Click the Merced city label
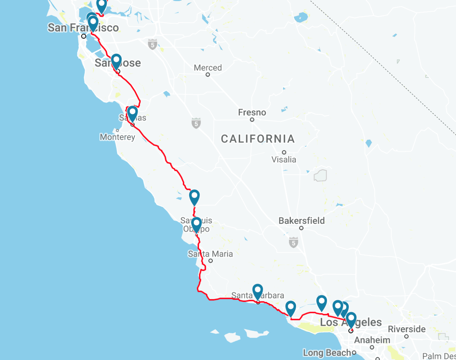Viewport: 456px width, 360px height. click(x=208, y=68)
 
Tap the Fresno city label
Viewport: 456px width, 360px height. click(x=252, y=112)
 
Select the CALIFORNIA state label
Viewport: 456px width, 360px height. click(x=258, y=139)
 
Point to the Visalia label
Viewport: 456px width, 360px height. click(x=284, y=159)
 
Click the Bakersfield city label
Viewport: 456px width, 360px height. click(x=301, y=221)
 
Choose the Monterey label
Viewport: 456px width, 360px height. click(x=117, y=137)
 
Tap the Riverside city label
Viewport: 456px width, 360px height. click(x=406, y=329)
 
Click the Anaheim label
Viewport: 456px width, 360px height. click(x=372, y=340)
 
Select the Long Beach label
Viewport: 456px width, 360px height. click(x=327, y=353)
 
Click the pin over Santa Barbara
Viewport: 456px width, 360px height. click(x=258, y=291)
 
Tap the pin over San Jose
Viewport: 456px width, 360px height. click(x=116, y=61)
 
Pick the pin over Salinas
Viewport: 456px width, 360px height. click(x=132, y=113)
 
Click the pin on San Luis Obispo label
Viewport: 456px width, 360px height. click(x=196, y=224)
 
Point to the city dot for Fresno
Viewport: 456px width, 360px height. click(x=252, y=120)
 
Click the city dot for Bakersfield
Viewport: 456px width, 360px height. click(x=301, y=228)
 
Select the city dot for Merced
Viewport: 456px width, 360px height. click(x=208, y=75)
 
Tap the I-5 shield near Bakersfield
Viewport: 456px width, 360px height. click(x=293, y=243)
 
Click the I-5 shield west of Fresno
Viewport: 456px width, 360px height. click(x=196, y=123)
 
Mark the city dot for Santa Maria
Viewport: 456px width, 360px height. click(x=211, y=261)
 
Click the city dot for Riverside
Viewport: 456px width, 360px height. click(x=406, y=336)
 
